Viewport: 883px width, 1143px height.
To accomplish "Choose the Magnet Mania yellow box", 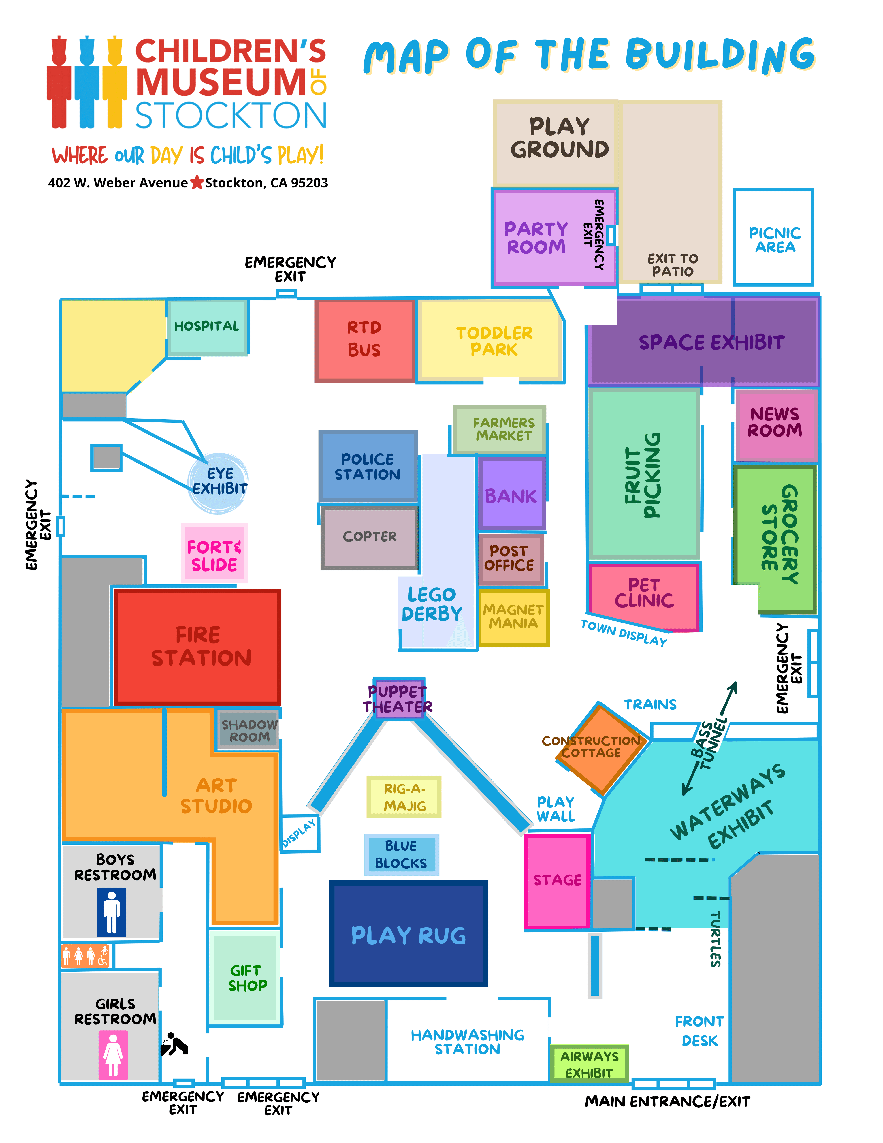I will click(x=513, y=617).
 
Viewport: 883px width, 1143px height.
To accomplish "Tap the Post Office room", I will click(x=510, y=558).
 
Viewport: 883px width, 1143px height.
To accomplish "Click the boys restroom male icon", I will click(x=112, y=913).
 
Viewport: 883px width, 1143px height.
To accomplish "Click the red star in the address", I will click(x=197, y=183).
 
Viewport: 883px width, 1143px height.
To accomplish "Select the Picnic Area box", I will click(x=773, y=238).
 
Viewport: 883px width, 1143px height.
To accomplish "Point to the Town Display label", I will click(x=624, y=633).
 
